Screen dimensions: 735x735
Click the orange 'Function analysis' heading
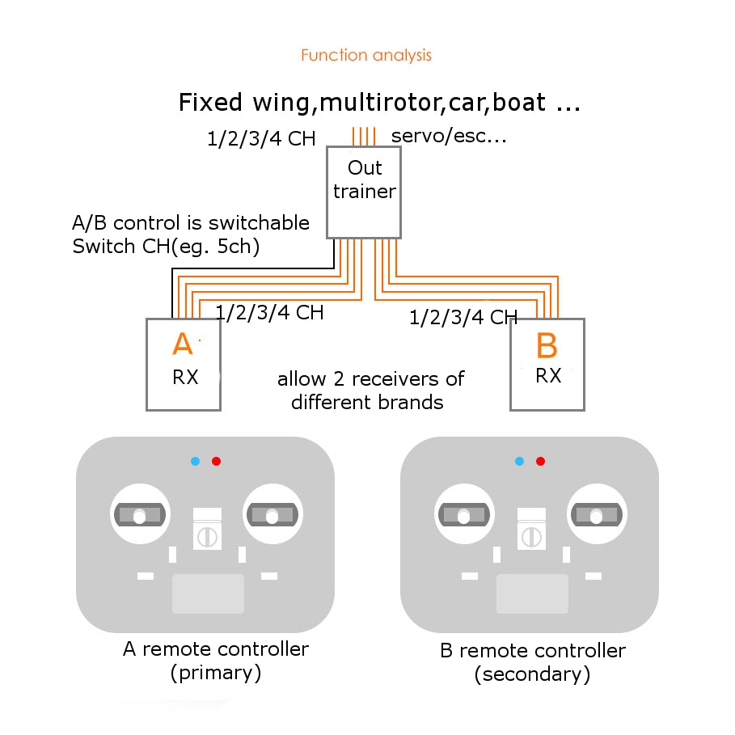coord(366,55)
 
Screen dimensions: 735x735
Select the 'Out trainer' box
coord(364,192)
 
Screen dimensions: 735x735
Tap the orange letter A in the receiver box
coord(183,344)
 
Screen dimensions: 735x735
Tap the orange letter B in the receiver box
coord(547,345)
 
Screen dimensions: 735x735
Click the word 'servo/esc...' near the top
coord(449,136)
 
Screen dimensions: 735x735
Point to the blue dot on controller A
coord(196,461)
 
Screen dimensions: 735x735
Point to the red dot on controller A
coord(216,461)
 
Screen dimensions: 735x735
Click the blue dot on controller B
coord(519,461)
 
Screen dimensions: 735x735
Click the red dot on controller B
coord(540,461)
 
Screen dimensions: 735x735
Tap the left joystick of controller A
coord(140,514)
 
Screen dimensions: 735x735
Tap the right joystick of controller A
coord(272,514)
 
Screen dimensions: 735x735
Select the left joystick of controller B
coord(465,514)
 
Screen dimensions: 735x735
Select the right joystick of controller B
coord(597,514)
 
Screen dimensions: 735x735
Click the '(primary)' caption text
coord(216,673)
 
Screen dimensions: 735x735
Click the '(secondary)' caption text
coord(532,674)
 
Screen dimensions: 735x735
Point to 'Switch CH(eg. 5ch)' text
coord(166,247)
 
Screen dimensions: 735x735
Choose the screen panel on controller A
coord(208,593)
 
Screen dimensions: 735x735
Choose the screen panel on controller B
coord(533,593)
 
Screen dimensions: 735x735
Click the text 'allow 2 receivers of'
coord(371,378)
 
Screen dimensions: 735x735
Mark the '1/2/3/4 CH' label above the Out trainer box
coord(261,139)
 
